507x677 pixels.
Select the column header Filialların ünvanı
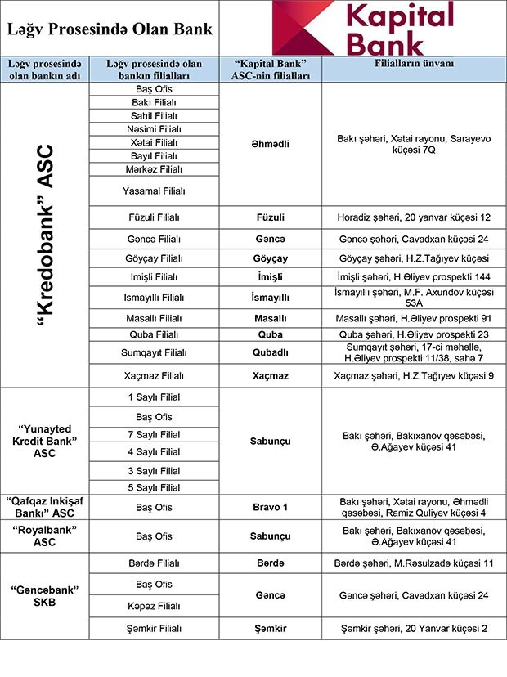[x=414, y=63]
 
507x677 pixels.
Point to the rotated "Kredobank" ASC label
[x=46, y=235]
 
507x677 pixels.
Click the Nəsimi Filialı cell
[x=153, y=129]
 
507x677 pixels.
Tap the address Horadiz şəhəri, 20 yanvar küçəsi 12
[x=413, y=218]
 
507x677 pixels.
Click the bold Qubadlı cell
[x=270, y=352]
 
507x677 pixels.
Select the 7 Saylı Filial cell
[x=153, y=433]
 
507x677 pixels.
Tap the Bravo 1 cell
[x=270, y=507]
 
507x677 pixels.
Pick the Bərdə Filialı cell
[x=153, y=564]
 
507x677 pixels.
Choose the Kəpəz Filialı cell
[x=153, y=607]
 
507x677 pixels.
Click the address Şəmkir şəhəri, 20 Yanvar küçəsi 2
[x=413, y=628]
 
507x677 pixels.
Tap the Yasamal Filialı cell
[x=153, y=191]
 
